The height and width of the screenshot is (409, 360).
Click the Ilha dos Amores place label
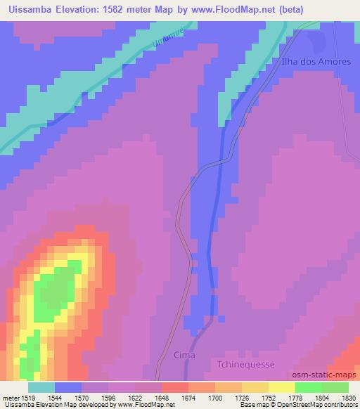click(x=315, y=61)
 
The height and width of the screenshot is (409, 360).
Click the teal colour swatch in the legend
click(x=41, y=387)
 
